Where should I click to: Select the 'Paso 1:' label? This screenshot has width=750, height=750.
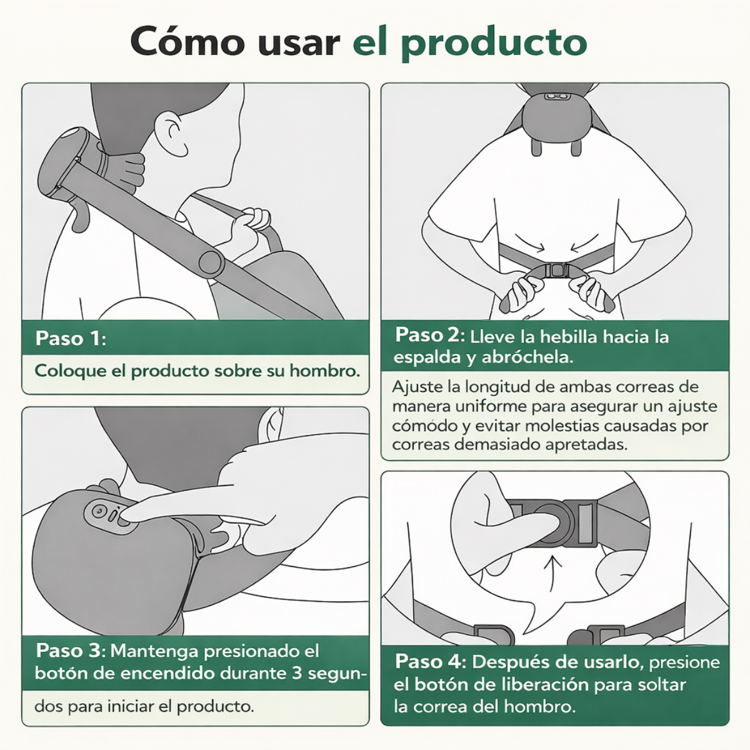coord(71,338)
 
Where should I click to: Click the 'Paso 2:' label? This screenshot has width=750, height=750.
coord(430,335)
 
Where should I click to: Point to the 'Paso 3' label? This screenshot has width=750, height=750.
coord(68,651)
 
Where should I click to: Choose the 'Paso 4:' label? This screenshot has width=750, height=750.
coord(431,661)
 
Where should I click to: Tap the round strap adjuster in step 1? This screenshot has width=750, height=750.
coord(210,262)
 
